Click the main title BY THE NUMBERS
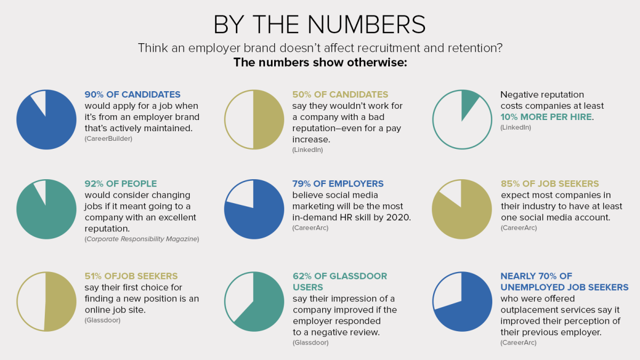point(319,25)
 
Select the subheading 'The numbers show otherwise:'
point(320,62)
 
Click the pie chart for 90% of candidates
point(46,120)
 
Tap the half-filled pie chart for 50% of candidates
point(254,119)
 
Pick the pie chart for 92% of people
point(46,210)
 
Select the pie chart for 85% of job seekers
point(462,210)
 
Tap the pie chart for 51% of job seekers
point(46,301)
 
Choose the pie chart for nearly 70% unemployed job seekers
point(462,301)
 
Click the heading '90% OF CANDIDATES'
point(133,95)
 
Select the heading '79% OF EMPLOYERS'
point(338,183)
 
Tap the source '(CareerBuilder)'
point(108,139)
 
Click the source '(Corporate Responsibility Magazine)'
point(141,239)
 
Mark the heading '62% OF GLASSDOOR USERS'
point(340,282)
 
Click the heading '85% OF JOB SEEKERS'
point(550,183)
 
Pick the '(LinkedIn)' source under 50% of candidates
point(308,150)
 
